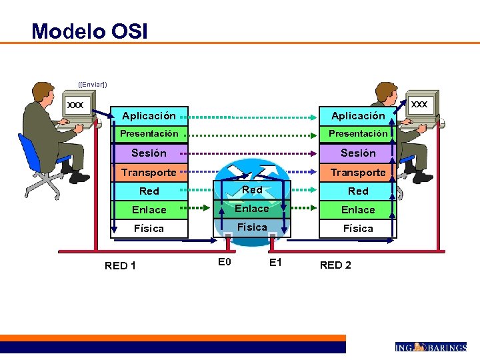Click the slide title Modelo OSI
point(89,31)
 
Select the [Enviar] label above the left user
point(93,84)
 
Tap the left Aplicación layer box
point(149,116)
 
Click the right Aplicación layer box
point(358,116)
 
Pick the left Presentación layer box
point(149,134)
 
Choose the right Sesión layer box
point(358,153)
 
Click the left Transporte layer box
point(149,172)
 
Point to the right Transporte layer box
point(358,172)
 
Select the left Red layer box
point(149,191)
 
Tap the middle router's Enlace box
point(252,209)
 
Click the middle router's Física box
point(252,227)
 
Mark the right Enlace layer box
point(358,209)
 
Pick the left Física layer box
point(149,228)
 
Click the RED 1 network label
point(121,266)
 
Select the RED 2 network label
point(335,265)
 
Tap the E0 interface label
point(225,262)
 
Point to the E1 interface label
point(275,262)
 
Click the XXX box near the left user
point(76,105)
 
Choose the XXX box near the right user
point(419,104)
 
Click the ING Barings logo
point(430,347)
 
